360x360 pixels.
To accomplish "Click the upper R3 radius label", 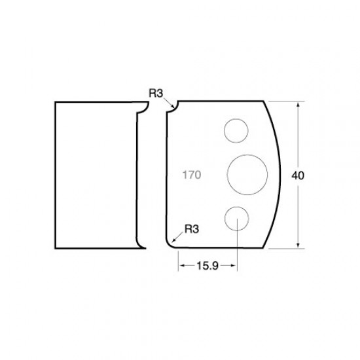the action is point(156,93).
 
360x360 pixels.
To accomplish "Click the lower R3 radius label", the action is point(192,229).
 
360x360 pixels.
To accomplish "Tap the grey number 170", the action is point(192,175).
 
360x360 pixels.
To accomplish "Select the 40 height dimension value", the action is point(298,175).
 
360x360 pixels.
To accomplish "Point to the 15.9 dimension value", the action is point(207,266).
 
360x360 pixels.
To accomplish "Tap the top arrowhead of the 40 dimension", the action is point(298,105).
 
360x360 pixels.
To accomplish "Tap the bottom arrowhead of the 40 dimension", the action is point(298,245).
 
